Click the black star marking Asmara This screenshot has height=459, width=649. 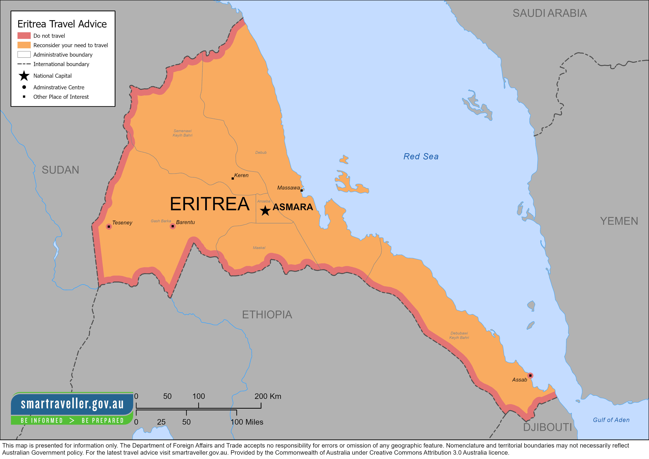pyautogui.click(x=265, y=211)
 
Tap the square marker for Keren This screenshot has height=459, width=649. pyautogui.click(x=233, y=178)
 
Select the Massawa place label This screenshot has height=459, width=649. pyautogui.click(x=288, y=188)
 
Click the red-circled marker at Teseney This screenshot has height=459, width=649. pyautogui.click(x=109, y=227)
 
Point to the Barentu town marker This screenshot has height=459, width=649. pyautogui.click(x=172, y=226)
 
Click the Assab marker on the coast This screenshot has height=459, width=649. pyautogui.click(x=530, y=376)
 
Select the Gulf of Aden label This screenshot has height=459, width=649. pyautogui.click(x=611, y=420)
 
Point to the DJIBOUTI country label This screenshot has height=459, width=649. pyautogui.click(x=547, y=427)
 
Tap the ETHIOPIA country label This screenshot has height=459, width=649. pyautogui.click(x=267, y=315)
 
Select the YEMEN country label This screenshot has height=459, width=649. pyautogui.click(x=619, y=221)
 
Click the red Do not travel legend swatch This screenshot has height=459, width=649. pyautogui.click(x=24, y=36)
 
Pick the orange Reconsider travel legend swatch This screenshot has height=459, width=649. pyautogui.click(x=24, y=45)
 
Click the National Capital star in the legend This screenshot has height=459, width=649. pyautogui.click(x=24, y=76)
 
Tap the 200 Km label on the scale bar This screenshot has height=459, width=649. pyautogui.click(x=268, y=396)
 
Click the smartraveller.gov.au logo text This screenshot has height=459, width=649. pyautogui.click(x=72, y=404)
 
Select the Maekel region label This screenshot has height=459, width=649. pyautogui.click(x=259, y=248)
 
